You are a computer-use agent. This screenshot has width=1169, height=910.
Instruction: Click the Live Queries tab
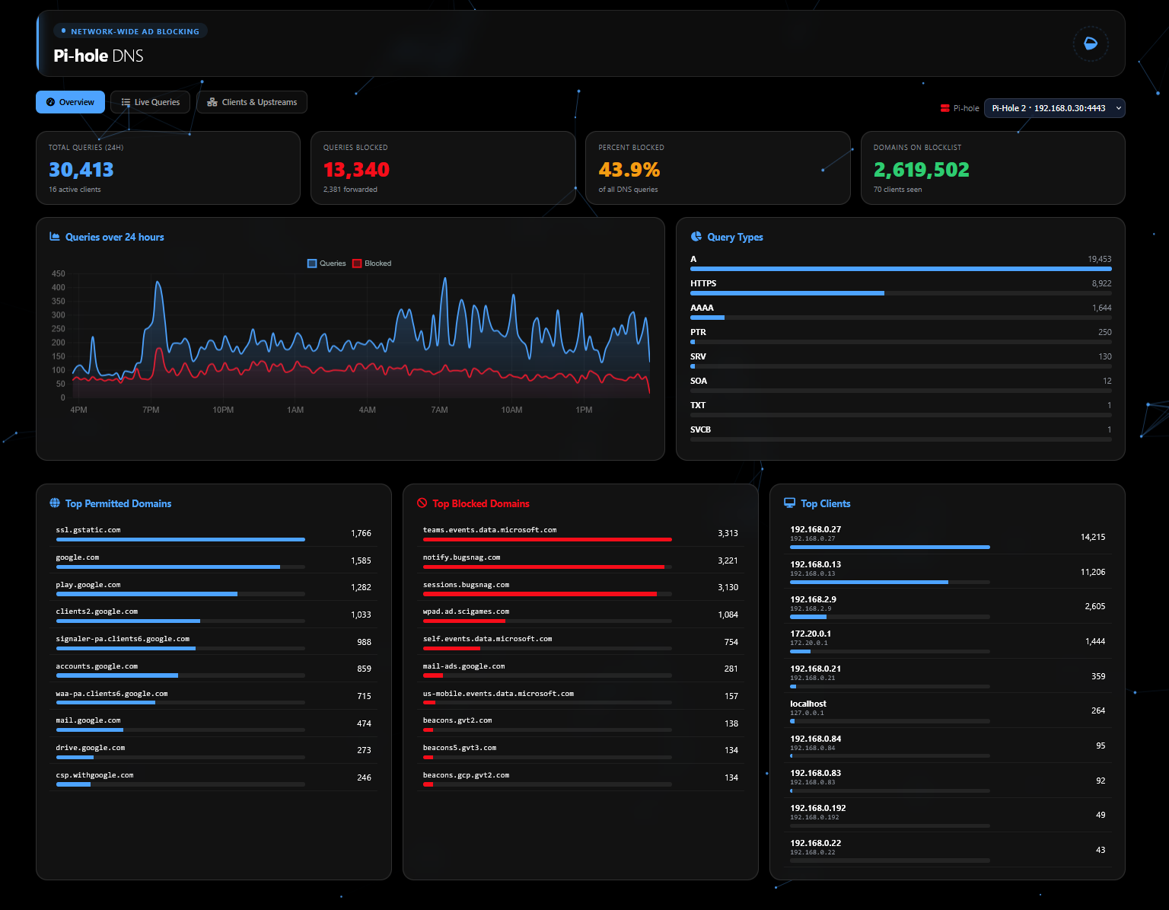coord(150,102)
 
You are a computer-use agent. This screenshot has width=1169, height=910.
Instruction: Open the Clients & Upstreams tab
coord(252,102)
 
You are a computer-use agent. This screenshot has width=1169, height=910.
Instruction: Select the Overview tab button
coord(71,102)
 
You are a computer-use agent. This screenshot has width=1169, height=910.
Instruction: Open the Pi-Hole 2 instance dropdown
coord(1054,108)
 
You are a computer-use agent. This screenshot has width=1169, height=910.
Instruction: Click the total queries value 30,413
coord(81,170)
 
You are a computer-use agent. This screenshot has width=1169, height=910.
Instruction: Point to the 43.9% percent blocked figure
coord(629,170)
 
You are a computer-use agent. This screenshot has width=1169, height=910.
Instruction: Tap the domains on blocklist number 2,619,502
coord(921,170)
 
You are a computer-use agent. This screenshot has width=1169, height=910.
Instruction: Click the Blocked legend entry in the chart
coord(371,263)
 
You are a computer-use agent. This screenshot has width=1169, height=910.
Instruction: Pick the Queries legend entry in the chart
coord(326,263)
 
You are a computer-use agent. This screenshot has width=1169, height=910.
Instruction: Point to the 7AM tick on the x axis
coord(440,410)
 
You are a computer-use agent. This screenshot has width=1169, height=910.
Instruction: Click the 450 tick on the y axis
coord(58,273)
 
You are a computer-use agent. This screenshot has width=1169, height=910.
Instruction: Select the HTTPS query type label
coord(703,283)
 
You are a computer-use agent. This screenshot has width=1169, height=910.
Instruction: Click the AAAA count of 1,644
coord(1101,308)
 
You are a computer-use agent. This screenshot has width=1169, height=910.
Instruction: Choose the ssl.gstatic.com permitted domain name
coord(88,530)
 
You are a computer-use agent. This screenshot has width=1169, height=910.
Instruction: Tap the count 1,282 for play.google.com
coord(361,587)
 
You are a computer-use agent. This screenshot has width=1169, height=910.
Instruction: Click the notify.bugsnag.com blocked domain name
coord(461,557)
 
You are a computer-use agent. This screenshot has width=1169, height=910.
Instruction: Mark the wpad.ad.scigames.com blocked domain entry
coord(466,611)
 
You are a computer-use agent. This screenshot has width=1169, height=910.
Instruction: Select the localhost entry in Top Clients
coord(808,704)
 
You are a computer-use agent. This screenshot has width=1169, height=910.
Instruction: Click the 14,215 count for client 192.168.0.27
coord(1093,537)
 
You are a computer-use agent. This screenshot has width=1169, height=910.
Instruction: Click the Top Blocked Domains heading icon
coord(422,503)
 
